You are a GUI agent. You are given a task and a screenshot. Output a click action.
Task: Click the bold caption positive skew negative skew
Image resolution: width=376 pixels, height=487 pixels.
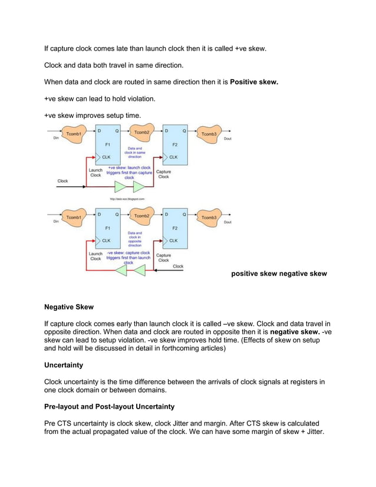pos(278,274)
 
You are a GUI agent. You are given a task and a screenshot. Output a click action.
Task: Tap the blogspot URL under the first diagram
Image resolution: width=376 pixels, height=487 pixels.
pos(125,199)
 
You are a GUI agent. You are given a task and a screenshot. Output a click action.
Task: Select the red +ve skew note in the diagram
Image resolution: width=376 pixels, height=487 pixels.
pos(128,172)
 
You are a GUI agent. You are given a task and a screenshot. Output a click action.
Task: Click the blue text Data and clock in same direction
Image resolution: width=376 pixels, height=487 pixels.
pos(135,153)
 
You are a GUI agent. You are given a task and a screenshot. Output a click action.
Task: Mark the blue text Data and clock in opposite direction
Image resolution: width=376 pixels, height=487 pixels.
pos(135,239)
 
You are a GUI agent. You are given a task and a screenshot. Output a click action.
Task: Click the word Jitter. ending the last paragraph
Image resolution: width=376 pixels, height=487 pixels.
pos(313,432)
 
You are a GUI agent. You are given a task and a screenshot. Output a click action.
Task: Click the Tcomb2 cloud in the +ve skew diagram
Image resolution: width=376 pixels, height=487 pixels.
pos(141,134)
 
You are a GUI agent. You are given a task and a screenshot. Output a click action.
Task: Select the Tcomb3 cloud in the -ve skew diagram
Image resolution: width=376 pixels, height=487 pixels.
pos(209,218)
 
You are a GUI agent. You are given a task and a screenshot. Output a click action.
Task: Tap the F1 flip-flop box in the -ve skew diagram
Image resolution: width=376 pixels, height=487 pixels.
pos(107,228)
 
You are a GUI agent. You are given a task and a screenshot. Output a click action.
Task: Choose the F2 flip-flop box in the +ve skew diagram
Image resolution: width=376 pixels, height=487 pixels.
pos(175,144)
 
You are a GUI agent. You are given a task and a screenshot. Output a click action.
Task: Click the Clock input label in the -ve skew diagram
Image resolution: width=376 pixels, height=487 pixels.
pos(177,266)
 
